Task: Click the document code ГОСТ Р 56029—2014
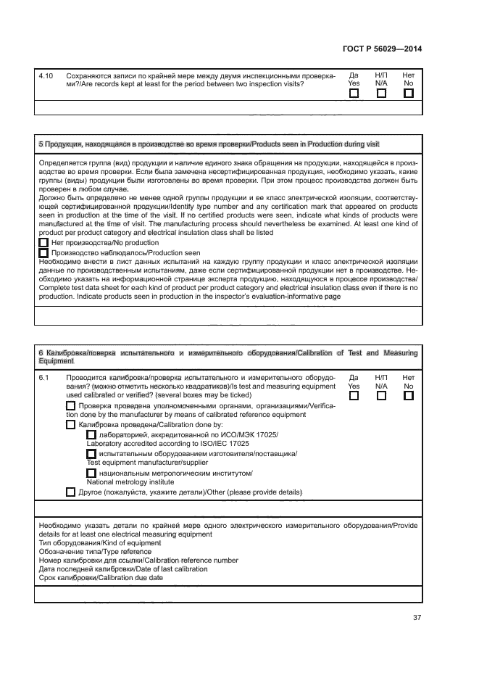(381, 49)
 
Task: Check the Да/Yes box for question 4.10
(354, 93)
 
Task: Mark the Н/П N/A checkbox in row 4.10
(381, 93)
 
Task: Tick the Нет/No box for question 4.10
(409, 93)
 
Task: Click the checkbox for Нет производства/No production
(43, 243)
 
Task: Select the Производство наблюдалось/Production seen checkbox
(43, 253)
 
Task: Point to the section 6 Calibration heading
(228, 357)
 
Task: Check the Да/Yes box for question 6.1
(354, 396)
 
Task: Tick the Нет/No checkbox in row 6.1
(409, 396)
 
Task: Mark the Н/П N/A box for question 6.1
(381, 396)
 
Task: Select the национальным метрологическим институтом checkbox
(91, 473)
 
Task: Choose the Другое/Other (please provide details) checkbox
(70, 492)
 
